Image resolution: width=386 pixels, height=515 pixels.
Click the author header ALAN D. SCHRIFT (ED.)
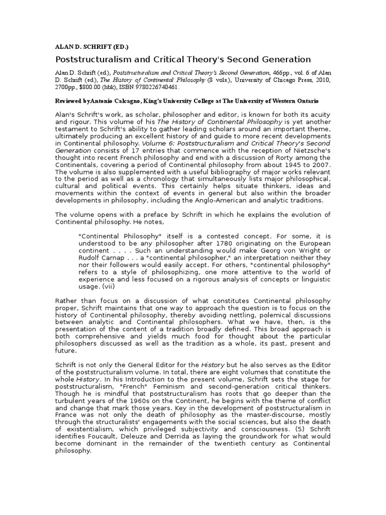(x=91, y=47)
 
